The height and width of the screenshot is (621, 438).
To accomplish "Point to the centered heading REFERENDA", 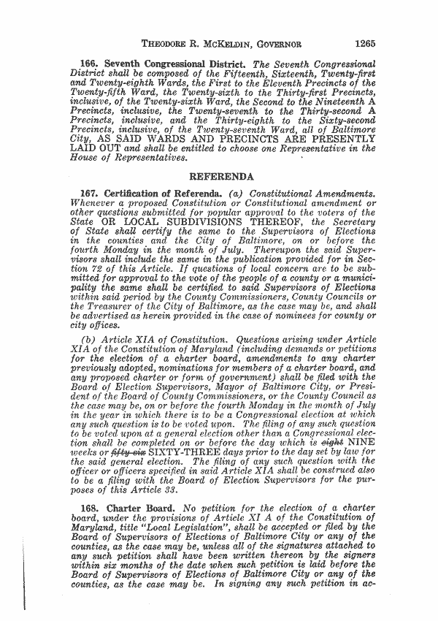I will (220, 175).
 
